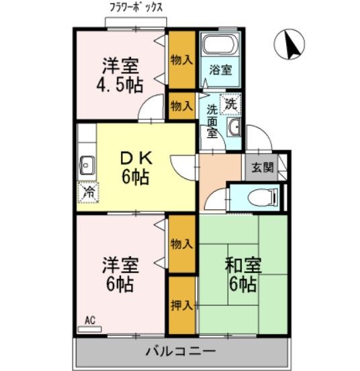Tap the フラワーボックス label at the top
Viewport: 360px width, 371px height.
tap(136, 9)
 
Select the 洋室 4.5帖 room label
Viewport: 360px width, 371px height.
tap(121, 75)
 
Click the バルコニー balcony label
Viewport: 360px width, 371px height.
tap(180, 352)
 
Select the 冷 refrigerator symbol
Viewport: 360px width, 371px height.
tap(88, 192)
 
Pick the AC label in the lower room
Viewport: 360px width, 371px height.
tap(89, 321)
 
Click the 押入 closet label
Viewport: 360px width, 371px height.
tap(181, 305)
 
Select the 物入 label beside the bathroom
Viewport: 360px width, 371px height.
tap(181, 59)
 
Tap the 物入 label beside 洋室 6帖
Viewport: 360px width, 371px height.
tap(181, 243)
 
